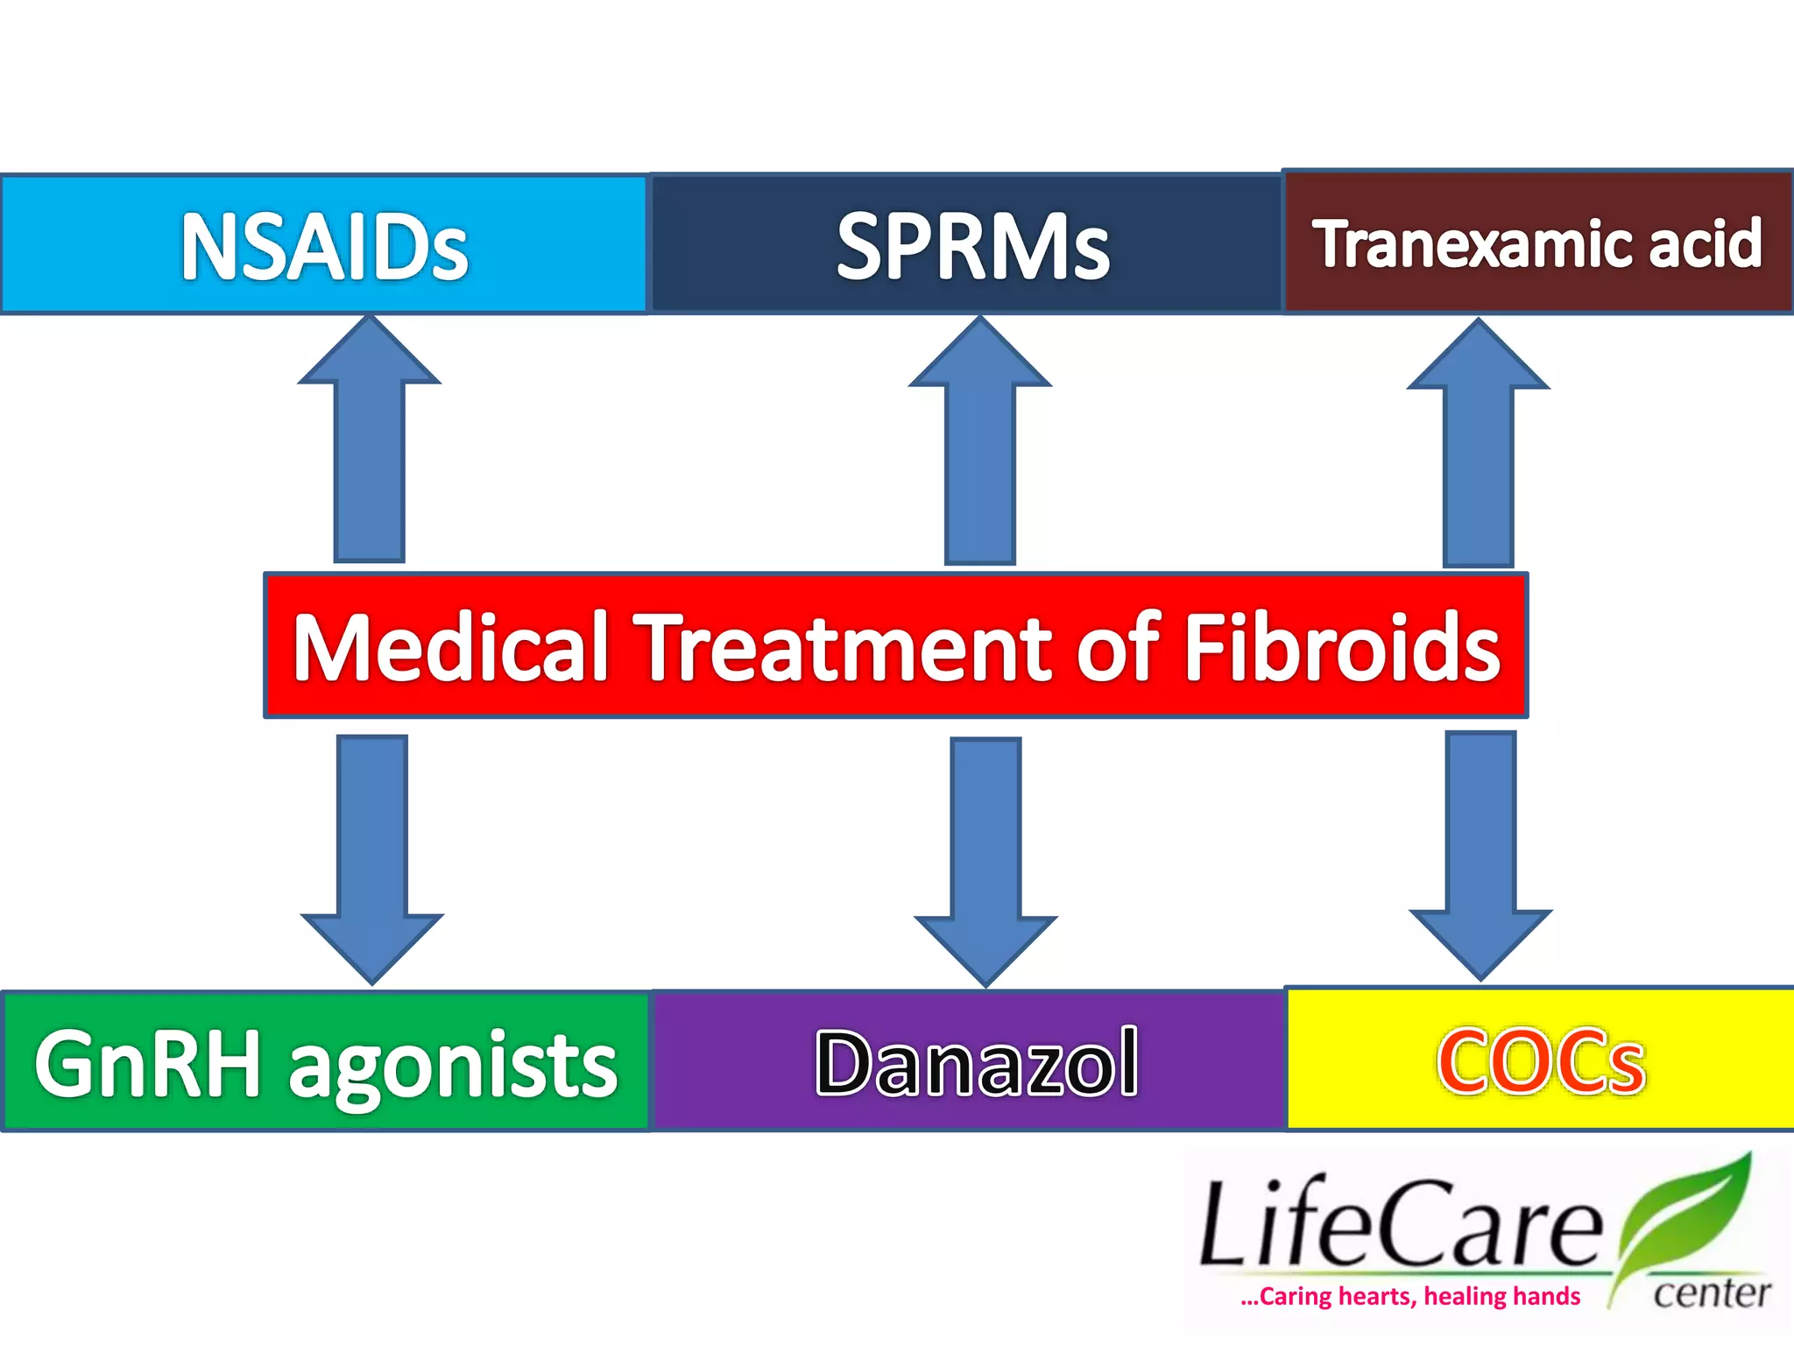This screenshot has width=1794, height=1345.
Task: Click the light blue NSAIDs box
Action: point(324,246)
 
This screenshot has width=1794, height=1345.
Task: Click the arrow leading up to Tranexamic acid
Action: point(1478,447)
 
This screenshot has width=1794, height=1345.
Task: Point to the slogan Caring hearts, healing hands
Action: point(1410,1297)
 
